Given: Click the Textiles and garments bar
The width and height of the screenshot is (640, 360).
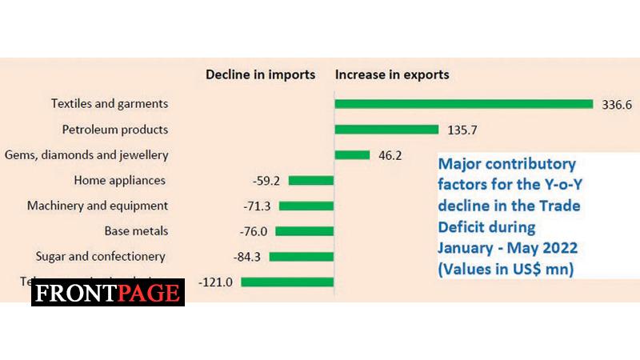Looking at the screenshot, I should [x=463, y=104].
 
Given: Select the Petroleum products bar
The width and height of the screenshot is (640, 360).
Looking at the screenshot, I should [x=386, y=130].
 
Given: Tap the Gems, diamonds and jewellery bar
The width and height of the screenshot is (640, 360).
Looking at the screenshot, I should [x=352, y=155].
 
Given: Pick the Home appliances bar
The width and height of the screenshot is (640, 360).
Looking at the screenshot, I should [x=310, y=181].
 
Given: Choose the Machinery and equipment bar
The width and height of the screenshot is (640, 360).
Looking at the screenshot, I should [x=306, y=206].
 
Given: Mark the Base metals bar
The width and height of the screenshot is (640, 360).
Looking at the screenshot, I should [x=305, y=231].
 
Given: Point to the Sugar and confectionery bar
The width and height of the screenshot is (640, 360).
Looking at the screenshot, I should [x=302, y=257].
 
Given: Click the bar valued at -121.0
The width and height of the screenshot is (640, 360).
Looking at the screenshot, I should [x=286, y=282].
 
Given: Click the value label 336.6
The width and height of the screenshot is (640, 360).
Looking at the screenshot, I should [x=618, y=104].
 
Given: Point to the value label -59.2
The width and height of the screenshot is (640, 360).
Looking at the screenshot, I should [x=267, y=181].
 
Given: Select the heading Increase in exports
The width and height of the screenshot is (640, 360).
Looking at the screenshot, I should [x=392, y=75].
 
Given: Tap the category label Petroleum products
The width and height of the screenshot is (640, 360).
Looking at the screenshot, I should [x=115, y=129].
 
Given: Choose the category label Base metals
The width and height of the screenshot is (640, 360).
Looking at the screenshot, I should [x=135, y=231].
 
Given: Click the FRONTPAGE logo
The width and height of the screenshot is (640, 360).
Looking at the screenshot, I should [x=108, y=293].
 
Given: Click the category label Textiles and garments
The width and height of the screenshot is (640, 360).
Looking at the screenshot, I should [x=110, y=103].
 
